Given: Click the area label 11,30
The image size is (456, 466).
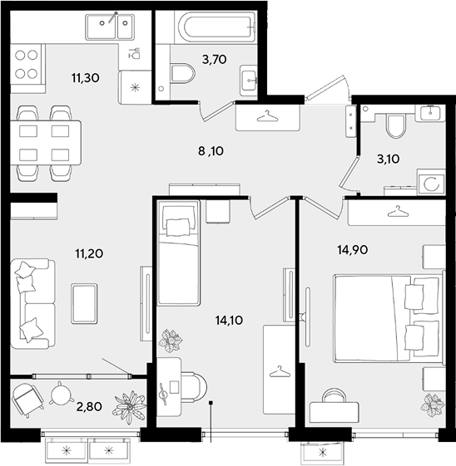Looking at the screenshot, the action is (x=85, y=78).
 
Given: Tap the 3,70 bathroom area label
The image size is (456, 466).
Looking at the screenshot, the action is (x=215, y=60).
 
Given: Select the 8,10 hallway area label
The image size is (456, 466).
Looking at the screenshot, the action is (x=211, y=151).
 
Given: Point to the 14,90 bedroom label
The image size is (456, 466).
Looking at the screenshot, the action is (x=353, y=250).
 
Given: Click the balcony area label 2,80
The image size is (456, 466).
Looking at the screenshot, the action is (x=89, y=406).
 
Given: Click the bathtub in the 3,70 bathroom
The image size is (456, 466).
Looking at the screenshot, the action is (x=216, y=27).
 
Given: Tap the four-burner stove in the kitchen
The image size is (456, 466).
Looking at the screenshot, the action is (x=26, y=64).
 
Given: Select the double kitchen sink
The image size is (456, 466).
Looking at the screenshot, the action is (x=110, y=27).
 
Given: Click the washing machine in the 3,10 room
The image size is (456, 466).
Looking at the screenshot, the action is (x=431, y=183).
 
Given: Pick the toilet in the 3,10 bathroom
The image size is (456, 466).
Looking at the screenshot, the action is (x=395, y=125).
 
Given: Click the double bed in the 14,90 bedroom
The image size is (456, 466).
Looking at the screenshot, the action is (x=388, y=319).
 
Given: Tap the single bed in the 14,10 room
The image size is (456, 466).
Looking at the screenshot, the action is (x=178, y=253).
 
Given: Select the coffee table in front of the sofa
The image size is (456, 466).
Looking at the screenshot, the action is (x=84, y=303).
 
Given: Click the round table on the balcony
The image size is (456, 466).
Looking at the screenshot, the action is (x=61, y=393).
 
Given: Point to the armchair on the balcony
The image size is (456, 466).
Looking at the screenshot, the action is (x=27, y=399).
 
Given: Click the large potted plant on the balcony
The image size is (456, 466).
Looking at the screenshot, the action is (x=129, y=407).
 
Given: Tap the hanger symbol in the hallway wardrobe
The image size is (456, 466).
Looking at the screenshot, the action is (x=267, y=116).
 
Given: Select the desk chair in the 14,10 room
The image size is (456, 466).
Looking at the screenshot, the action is (x=194, y=386).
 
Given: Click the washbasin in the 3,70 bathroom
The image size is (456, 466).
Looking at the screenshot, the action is (x=249, y=81).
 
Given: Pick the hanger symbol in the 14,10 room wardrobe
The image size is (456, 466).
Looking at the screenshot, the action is (x=280, y=371).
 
